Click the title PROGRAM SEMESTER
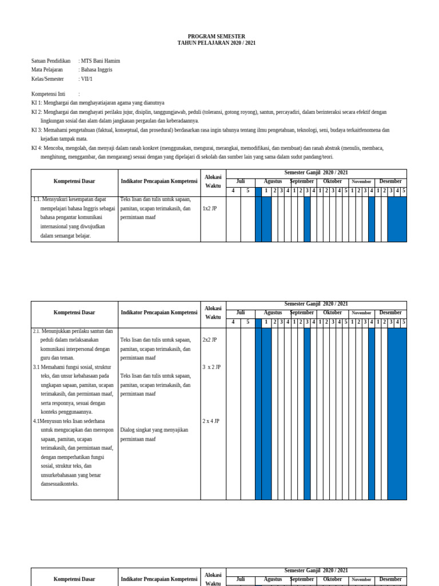[216, 36]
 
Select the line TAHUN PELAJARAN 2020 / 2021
[216, 43]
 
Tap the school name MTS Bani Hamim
[101, 61]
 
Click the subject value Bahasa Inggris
[97, 70]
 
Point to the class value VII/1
[86, 79]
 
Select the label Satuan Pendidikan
[51, 61]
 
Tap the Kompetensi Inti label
[48, 94]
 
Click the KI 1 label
[37, 103]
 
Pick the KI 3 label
[37, 130]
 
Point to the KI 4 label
[37, 148]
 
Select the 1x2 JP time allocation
[210, 209]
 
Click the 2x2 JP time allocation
[210, 340]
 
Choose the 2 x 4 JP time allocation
[210, 421]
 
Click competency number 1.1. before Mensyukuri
[37, 200]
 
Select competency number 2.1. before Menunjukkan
[37, 331]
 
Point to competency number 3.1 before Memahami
[36, 367]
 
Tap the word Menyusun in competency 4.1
[51, 421]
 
